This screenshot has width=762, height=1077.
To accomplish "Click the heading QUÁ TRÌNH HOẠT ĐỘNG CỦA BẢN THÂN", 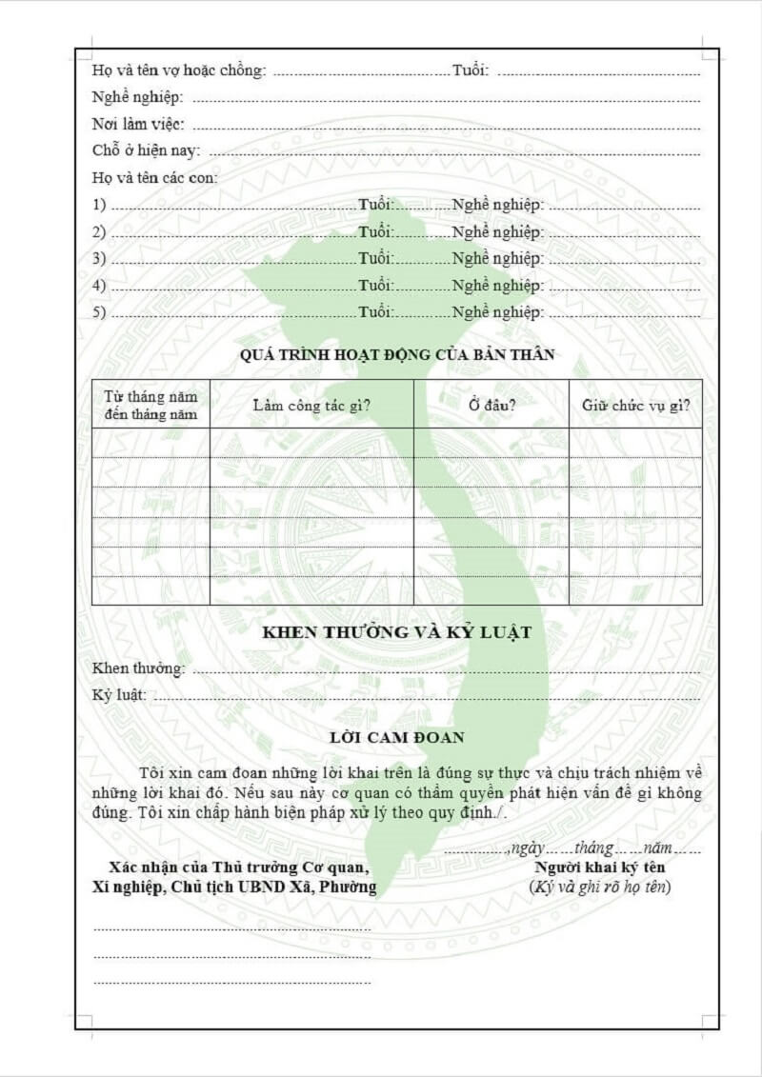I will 397,355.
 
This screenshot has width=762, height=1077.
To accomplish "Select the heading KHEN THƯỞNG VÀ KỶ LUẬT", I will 396,632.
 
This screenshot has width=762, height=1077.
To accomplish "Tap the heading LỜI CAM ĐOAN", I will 396,737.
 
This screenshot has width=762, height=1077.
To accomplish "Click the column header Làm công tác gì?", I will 311,405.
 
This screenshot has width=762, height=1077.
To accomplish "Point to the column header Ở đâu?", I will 491,405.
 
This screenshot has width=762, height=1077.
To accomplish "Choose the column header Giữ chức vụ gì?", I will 635,405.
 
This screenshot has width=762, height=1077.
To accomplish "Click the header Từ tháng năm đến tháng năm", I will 150,405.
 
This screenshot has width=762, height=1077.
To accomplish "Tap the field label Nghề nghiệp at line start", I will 137,97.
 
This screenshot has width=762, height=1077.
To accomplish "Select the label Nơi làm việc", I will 138,124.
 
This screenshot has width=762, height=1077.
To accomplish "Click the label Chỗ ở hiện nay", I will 147,150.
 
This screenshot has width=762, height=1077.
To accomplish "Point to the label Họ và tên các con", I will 154,177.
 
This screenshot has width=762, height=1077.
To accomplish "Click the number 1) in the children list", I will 99,205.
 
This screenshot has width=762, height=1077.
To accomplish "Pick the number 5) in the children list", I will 99,312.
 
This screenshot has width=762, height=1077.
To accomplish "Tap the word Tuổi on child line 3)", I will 375,259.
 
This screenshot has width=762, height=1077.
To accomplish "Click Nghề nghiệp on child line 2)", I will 497,232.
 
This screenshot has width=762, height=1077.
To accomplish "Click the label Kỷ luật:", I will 119,695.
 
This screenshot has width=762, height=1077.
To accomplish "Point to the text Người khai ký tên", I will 599,868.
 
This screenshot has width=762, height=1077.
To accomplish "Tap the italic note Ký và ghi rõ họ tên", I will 599,887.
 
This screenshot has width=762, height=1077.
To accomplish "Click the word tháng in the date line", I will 593,847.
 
